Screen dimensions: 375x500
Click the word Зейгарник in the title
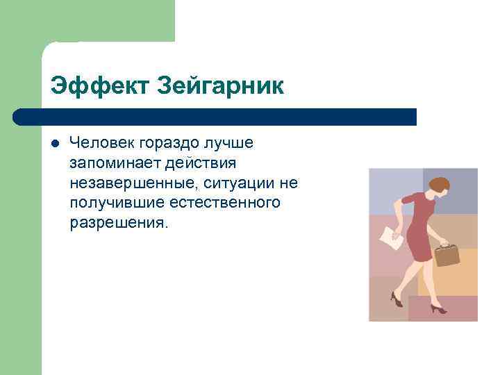pyautogui.click(x=221, y=86)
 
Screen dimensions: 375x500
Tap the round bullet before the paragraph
pyautogui.click(x=56, y=144)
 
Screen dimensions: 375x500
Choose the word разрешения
pyautogui.click(x=118, y=224)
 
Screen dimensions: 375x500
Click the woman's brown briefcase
pyautogui.click(x=447, y=254)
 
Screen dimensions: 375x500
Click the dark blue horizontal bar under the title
pyautogui.click(x=215, y=117)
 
